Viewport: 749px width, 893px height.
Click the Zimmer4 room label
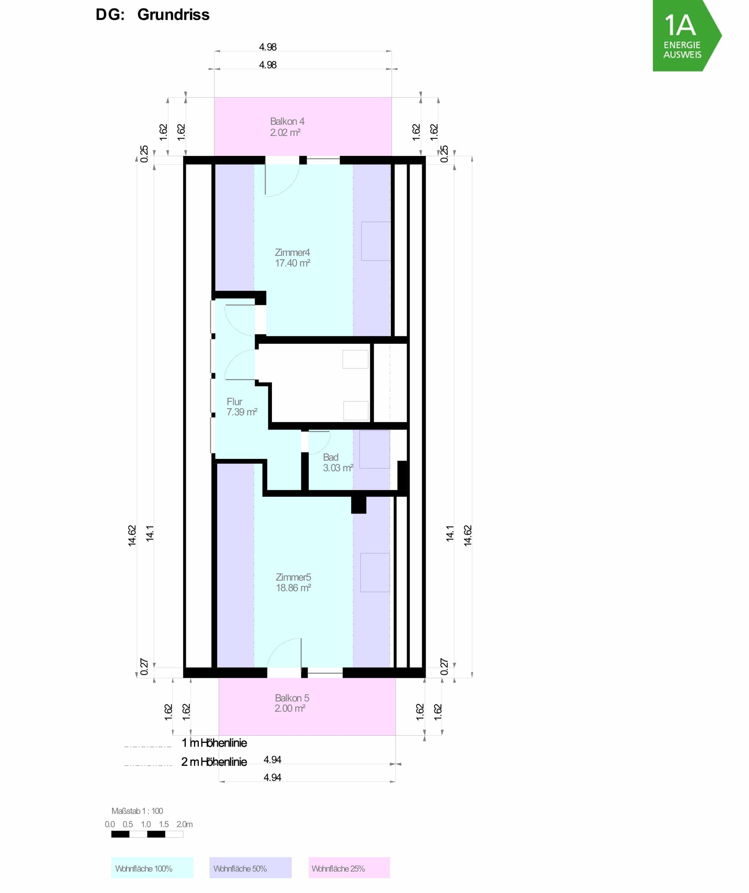click(x=292, y=253)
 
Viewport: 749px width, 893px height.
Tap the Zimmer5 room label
click(x=293, y=577)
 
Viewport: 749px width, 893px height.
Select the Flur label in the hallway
click(x=234, y=402)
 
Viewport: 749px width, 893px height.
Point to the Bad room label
click(x=331, y=457)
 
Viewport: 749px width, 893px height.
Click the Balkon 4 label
click(x=287, y=121)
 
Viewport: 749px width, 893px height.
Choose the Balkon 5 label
click(x=292, y=698)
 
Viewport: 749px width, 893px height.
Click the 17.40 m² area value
click(x=292, y=263)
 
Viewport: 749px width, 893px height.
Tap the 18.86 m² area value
click(x=293, y=588)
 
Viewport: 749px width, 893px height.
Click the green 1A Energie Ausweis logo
click(x=687, y=36)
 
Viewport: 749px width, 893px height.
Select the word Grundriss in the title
click(x=173, y=15)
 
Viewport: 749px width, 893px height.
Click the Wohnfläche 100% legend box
click(x=152, y=868)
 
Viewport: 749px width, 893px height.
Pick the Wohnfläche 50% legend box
click(x=251, y=868)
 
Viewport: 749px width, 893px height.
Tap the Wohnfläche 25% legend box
click(x=349, y=868)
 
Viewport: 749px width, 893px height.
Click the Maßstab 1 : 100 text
click(x=137, y=811)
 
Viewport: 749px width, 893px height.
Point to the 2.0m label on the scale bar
click(x=184, y=824)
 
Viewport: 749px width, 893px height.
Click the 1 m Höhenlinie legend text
click(x=214, y=743)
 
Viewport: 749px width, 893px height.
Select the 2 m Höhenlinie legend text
click(x=214, y=762)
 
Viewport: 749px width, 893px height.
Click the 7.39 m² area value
click(x=242, y=412)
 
